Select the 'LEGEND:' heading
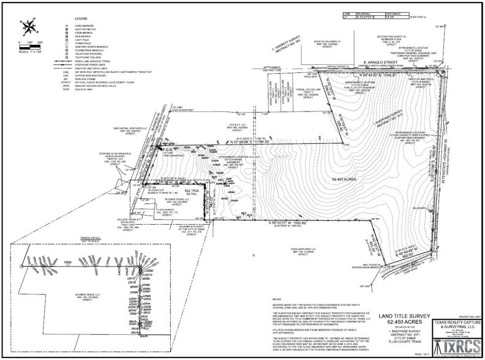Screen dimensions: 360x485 click(x=81, y=20)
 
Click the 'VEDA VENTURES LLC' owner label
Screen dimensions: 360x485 click(x=304, y=250)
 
